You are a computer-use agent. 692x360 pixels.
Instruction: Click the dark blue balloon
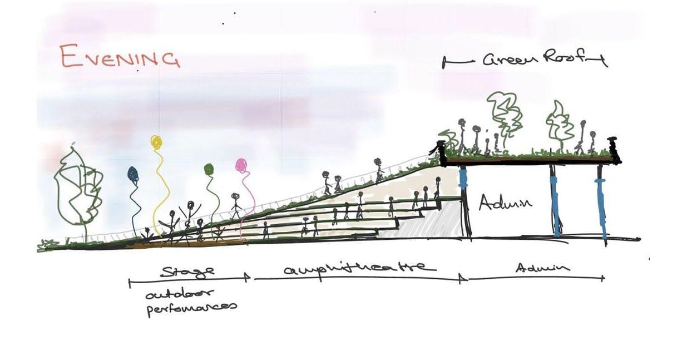[x=134, y=174]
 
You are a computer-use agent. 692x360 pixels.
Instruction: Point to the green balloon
[x=209, y=169]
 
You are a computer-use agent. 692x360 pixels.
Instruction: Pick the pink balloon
[x=241, y=165]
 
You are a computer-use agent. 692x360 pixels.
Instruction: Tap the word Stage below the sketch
[x=187, y=272]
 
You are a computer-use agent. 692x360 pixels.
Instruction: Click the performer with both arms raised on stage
[x=190, y=214]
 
